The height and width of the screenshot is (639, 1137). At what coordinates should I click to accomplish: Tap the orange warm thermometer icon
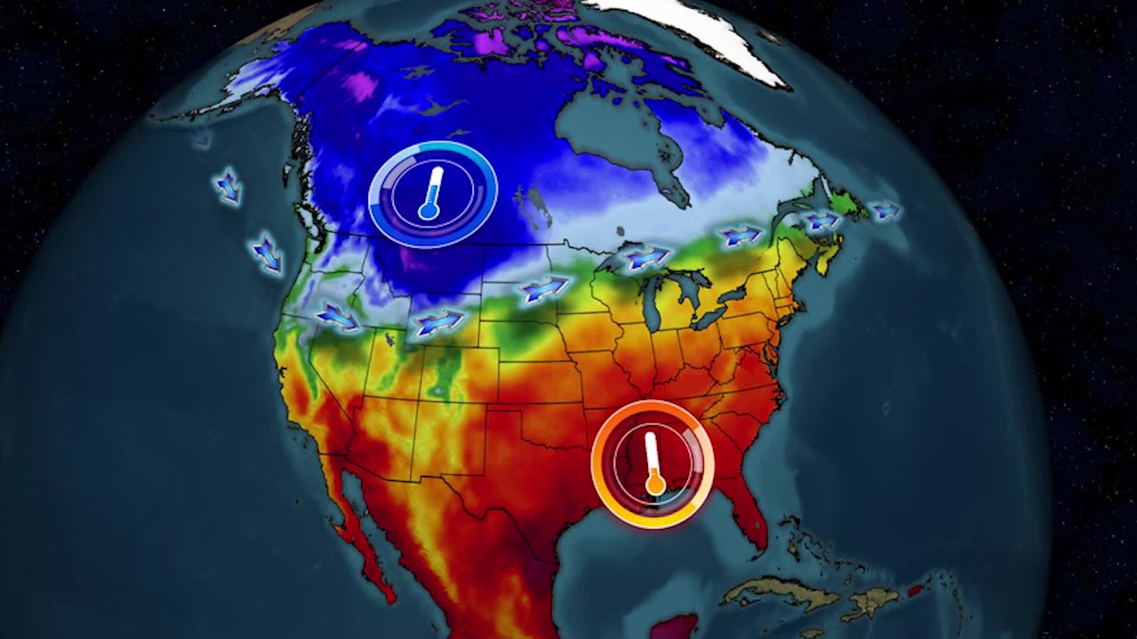[x=653, y=463]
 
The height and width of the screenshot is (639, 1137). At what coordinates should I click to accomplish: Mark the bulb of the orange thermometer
[x=654, y=485]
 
